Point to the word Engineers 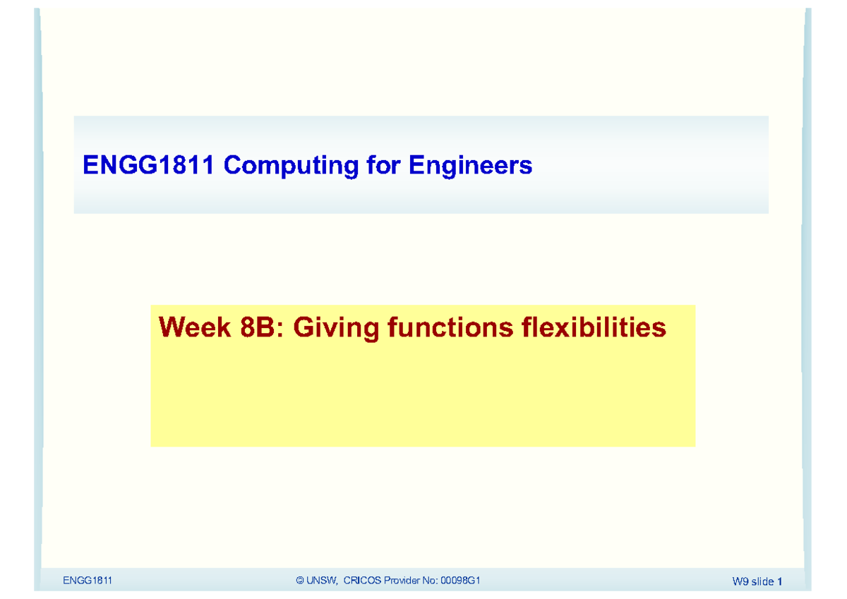point(470,166)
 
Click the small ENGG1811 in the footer point(88,581)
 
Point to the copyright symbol point(301,581)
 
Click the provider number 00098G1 point(461,581)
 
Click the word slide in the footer point(763,582)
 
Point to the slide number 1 point(780,582)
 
